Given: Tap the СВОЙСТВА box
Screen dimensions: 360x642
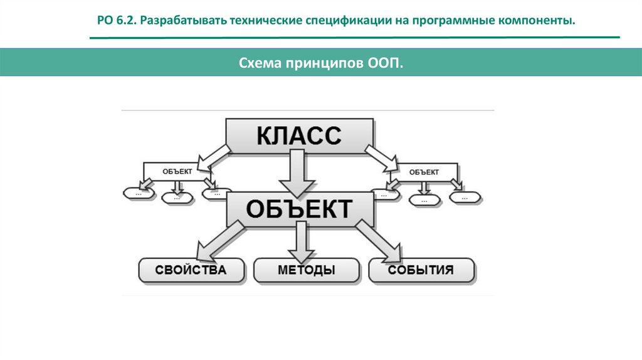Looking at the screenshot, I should (x=191, y=270).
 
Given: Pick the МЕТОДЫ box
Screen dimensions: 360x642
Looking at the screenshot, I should (x=306, y=270).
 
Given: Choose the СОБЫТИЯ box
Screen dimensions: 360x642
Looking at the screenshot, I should (x=421, y=270).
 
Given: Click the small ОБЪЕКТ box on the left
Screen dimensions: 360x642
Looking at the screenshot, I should (x=177, y=171).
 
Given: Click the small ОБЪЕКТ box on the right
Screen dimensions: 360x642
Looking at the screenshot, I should (x=424, y=171).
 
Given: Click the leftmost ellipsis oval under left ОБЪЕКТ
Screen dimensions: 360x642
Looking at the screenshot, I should (x=137, y=194).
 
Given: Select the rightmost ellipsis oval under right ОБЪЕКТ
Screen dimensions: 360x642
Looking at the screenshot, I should (x=466, y=197).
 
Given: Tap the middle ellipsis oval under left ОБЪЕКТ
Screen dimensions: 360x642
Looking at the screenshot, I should (x=176, y=198).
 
